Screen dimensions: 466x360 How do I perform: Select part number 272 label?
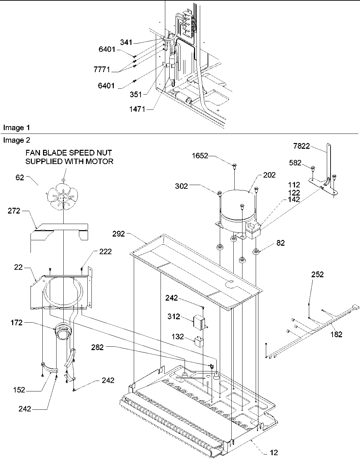[x=15, y=211]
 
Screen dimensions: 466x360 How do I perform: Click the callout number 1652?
[x=199, y=156]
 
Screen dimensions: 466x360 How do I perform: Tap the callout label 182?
[x=336, y=334]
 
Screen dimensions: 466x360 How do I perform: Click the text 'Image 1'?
[x=16, y=128]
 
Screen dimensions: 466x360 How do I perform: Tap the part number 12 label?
[x=274, y=452]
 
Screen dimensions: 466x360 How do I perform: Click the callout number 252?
[x=317, y=275]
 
